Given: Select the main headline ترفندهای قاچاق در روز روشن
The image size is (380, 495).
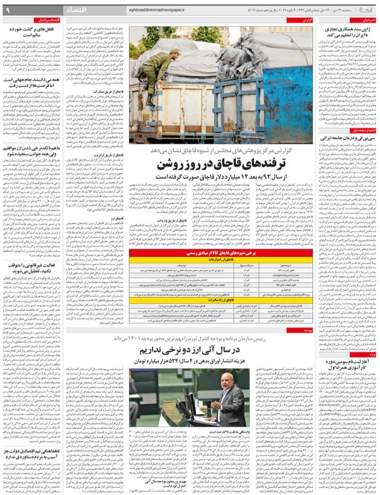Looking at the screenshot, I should (236, 164).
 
